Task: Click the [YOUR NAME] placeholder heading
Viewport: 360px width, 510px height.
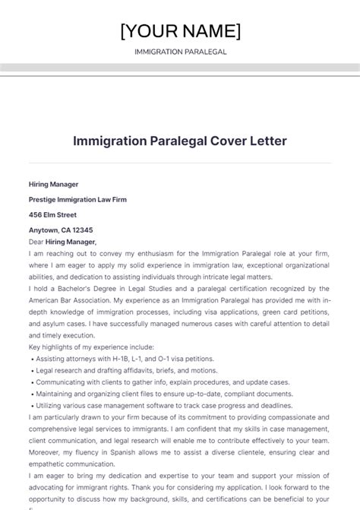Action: click(x=180, y=30)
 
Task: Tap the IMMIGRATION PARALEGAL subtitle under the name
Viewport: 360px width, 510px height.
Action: click(x=180, y=52)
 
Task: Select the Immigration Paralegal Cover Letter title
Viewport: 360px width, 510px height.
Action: click(x=180, y=141)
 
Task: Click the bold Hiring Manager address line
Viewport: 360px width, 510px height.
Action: click(x=53, y=184)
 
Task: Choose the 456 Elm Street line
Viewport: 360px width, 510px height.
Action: click(x=52, y=214)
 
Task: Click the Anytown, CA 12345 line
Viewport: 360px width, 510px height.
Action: click(x=61, y=230)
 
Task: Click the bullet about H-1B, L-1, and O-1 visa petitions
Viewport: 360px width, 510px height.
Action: click(x=114, y=358)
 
